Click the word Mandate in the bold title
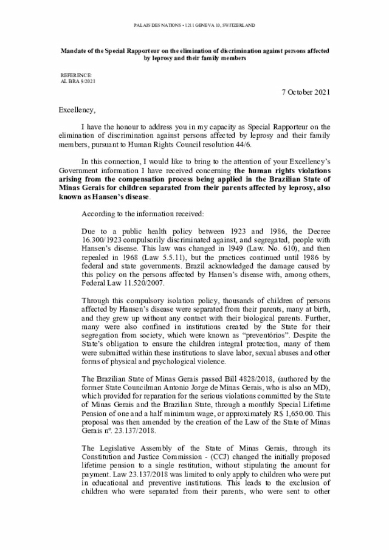[x=73, y=51]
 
